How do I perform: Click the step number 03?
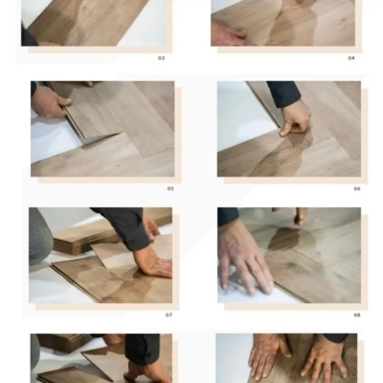tap(161, 58)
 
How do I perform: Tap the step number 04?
tap(351, 58)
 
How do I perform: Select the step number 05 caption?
tap(171, 189)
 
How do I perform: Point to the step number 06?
tap(357, 189)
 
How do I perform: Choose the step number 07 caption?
tap(169, 315)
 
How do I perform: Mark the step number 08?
tap(357, 315)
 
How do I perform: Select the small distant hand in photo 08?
tap(300, 216)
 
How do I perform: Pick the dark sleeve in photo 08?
tap(227, 216)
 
